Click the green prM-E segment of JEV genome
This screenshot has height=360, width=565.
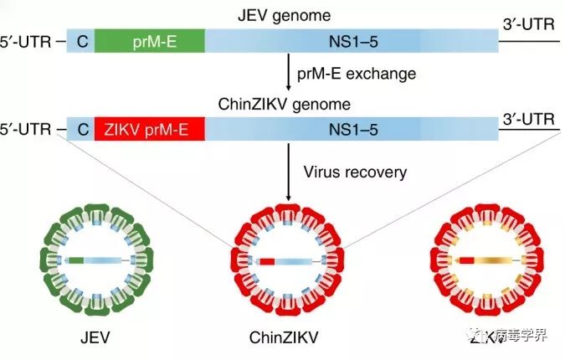point(149,39)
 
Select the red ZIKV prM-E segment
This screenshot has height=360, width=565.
point(149,129)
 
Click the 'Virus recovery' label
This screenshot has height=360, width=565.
point(355,172)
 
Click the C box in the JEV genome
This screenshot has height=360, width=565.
point(80,39)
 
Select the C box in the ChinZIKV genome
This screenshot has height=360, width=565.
point(80,129)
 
